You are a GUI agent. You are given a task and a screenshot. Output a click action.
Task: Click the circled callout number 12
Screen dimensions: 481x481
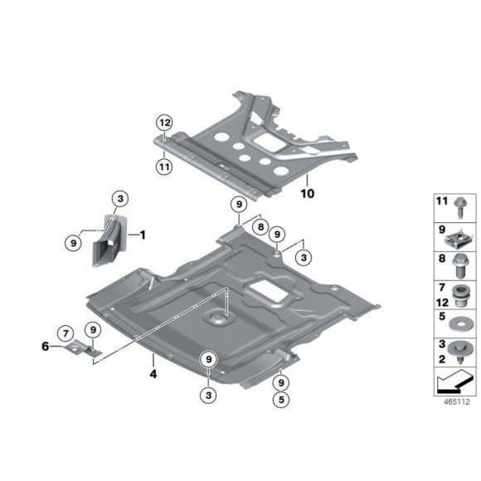[164, 123]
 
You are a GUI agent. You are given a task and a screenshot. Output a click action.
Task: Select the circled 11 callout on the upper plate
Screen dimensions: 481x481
[164, 167]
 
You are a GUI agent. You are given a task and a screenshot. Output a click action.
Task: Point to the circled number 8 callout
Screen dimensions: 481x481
[260, 227]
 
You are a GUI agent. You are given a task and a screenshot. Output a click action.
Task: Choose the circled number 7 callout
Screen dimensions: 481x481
[64, 334]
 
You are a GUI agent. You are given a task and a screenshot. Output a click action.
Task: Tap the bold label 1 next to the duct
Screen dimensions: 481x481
[142, 235]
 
